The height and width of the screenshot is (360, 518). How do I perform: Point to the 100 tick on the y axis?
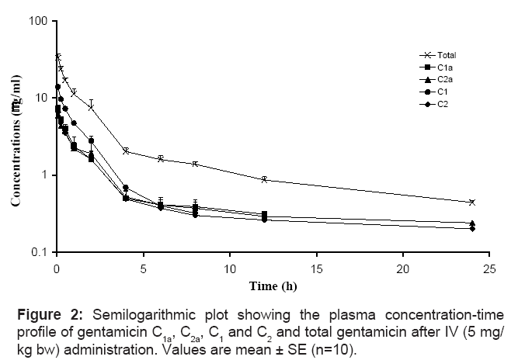(36, 20)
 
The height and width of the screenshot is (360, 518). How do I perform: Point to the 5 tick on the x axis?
(143, 268)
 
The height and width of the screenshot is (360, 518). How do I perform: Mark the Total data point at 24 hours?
(472, 202)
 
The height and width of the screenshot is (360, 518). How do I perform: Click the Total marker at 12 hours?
(264, 179)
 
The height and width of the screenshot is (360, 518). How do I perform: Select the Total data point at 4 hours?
(126, 151)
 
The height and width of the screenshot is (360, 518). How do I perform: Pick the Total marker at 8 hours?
(195, 164)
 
